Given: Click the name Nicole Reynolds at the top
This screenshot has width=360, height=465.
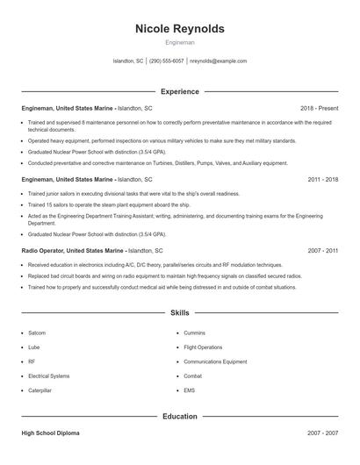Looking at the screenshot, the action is (180, 29).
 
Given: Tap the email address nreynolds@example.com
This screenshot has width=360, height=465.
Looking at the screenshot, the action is (218, 61).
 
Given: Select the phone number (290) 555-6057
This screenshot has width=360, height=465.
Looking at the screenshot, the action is (166, 61).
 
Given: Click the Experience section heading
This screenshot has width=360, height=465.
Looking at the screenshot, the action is (180, 91).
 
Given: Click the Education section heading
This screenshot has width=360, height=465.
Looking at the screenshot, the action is (180, 416).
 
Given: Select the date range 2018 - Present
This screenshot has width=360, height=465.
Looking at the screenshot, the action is (320, 108).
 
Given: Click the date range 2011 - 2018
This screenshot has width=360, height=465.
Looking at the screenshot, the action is (323, 179).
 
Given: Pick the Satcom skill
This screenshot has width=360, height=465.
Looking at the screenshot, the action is (37, 333).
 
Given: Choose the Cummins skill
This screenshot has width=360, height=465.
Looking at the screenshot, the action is (194, 333).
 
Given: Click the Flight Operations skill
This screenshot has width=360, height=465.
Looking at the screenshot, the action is (203, 347).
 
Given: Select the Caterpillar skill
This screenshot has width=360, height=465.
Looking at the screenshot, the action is (40, 390).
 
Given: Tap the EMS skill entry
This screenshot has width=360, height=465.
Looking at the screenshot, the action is (190, 390).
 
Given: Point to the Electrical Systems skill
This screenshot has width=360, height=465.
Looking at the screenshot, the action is (48, 376).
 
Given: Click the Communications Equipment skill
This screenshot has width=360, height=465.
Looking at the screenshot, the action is (215, 361).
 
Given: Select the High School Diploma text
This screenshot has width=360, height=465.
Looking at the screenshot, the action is (52, 433).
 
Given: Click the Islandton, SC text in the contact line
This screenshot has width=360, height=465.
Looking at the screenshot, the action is (128, 61).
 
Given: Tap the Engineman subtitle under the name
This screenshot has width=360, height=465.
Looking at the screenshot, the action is (180, 42).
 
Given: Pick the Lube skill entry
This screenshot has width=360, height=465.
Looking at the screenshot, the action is (34, 347).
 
